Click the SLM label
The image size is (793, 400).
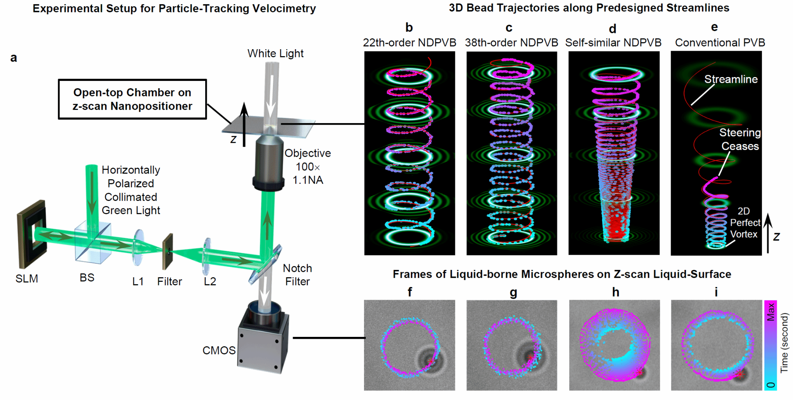point(27,278)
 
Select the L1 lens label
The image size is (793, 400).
point(138,282)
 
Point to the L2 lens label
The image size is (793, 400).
point(210,282)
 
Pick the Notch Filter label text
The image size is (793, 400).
point(297,275)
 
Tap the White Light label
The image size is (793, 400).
point(275,53)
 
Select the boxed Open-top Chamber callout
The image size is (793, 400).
point(132,99)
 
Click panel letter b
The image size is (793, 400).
point(409,27)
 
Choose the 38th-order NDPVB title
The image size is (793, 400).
point(512,43)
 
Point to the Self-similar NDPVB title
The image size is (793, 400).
point(613,43)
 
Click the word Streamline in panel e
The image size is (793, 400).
point(731,79)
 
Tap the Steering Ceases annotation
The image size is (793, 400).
point(740,139)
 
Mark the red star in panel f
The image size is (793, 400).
point(431,361)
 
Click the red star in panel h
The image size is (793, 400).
point(639,373)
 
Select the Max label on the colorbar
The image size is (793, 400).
point(771,312)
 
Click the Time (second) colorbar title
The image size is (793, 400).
point(784,343)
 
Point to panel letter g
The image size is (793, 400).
point(513,292)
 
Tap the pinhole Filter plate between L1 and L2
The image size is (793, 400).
point(168,251)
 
